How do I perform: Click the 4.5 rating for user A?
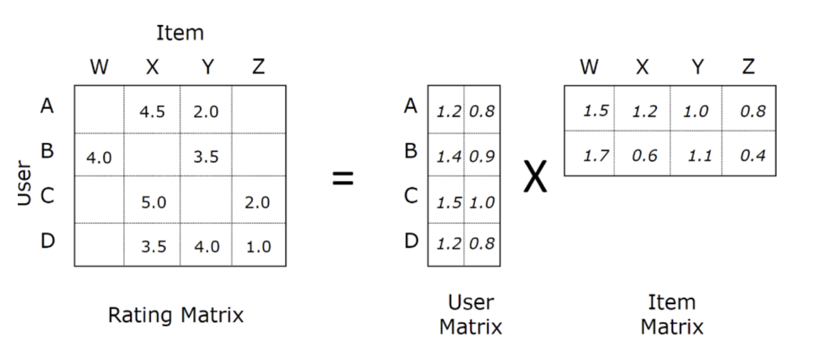click(x=153, y=112)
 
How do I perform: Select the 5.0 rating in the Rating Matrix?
click(x=153, y=202)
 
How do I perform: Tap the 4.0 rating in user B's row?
click(x=100, y=157)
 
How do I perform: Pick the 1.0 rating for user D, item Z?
click(x=258, y=246)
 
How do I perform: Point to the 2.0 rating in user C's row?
click(x=257, y=202)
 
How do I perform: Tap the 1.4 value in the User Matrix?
click(x=448, y=157)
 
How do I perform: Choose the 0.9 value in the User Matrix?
click(x=482, y=157)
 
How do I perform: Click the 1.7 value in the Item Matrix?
click(x=595, y=156)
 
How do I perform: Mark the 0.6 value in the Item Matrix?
click(x=644, y=156)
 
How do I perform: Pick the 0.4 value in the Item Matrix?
click(x=753, y=156)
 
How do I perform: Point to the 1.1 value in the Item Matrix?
click(x=700, y=156)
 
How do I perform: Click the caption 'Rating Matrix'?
click(x=175, y=315)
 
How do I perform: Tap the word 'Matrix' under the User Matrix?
click(x=471, y=327)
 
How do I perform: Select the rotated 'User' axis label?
click(x=24, y=183)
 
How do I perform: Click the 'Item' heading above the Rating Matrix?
click(x=180, y=33)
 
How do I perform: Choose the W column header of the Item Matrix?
click(x=589, y=67)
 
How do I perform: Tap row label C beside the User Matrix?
click(x=411, y=195)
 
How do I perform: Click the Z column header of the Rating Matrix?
click(x=258, y=67)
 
